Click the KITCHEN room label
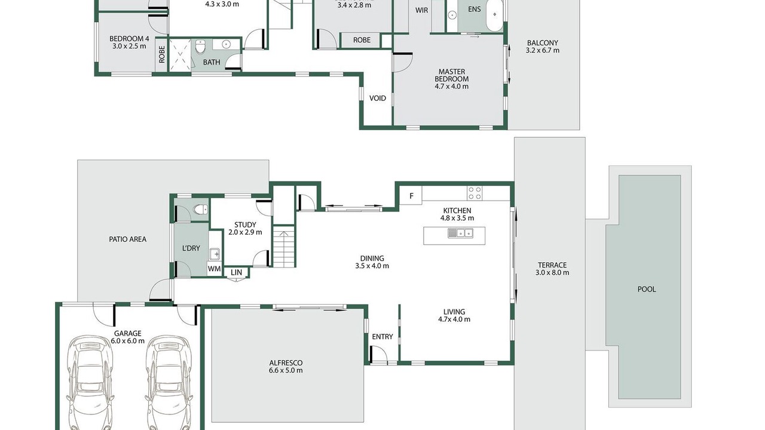coord(457,211)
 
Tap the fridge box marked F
coord(411,195)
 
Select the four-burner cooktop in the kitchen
coord(475,193)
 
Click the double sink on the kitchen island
coord(460,233)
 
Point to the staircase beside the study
coord(283,246)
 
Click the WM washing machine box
coord(214,269)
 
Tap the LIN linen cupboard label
coord(236,272)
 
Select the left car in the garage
coord(90,382)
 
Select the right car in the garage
coord(169,382)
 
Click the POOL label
coord(647,290)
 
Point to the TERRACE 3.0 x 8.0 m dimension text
coord(552,273)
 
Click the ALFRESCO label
coord(286,363)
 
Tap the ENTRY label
coord(382,337)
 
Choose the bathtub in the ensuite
coord(494,14)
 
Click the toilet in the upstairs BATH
coord(200,47)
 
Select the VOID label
coord(378,99)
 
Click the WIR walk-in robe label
coord(422,10)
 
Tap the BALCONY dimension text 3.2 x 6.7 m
coord(543,51)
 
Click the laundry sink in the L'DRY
coord(215,254)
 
